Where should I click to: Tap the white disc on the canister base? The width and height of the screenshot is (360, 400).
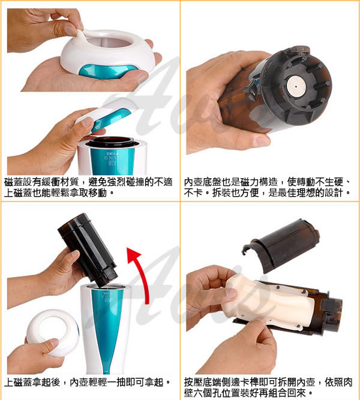pos(296,86)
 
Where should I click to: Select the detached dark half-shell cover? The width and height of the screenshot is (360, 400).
pos(280,245)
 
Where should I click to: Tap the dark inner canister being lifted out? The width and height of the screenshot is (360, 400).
pos(88,250)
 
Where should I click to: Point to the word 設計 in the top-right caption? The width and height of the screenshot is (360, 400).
pos(334,193)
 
